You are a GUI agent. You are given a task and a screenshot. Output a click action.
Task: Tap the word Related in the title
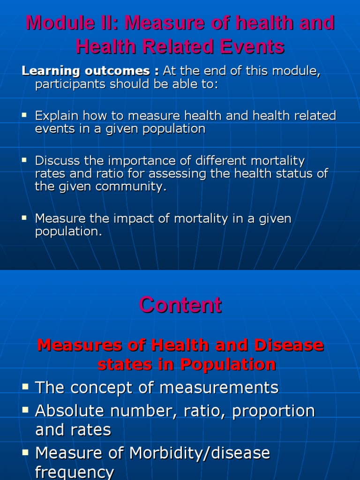[173, 46]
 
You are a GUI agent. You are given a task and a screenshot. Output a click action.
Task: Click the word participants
[70, 84]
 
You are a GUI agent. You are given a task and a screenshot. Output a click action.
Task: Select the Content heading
[180, 305]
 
